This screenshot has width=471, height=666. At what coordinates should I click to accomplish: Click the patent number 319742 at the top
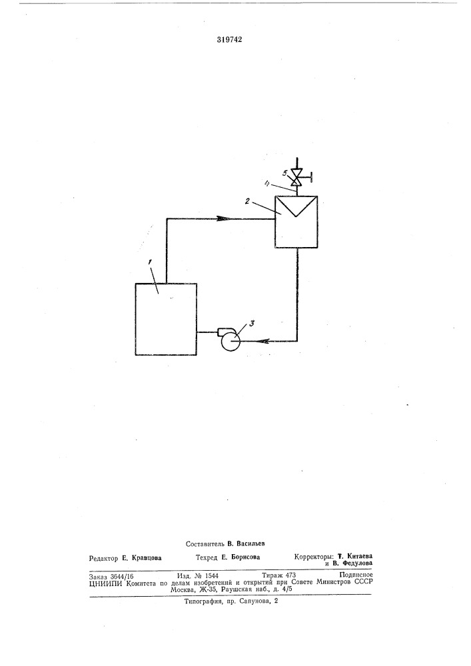[229, 40]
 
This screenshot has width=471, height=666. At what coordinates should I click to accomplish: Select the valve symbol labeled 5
[297, 178]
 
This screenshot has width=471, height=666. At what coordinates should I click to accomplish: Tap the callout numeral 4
[266, 184]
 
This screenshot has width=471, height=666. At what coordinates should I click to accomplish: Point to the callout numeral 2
[246, 201]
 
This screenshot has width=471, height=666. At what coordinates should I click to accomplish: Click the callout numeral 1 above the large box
[149, 262]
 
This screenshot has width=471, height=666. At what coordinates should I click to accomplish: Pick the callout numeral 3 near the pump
[252, 324]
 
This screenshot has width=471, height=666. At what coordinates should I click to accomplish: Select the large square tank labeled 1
[166, 318]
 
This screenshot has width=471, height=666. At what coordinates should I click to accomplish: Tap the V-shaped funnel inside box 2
[296, 206]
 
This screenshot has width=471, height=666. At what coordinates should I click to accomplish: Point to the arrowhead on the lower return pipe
[262, 340]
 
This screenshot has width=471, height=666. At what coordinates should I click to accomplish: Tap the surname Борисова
[246, 557]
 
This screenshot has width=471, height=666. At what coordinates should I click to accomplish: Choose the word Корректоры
[314, 556]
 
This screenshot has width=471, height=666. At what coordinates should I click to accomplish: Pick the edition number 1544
[211, 576]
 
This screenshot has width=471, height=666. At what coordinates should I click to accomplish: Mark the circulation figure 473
[290, 575]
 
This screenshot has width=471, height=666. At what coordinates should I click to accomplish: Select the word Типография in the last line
[201, 602]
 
